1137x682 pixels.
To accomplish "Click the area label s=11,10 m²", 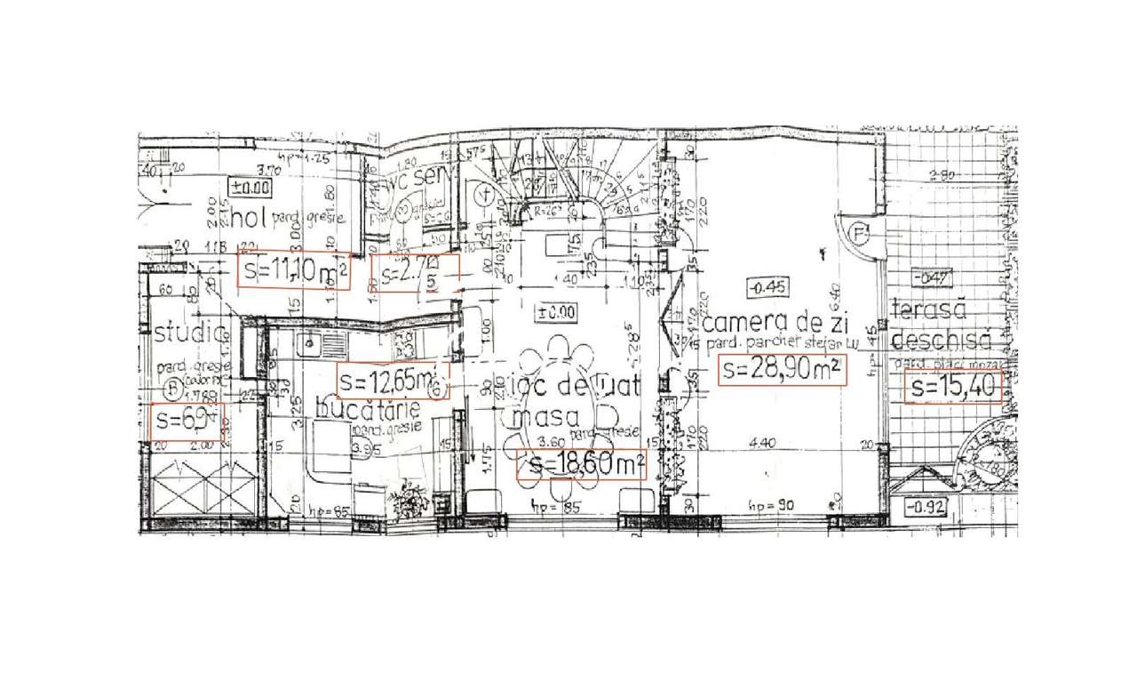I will pyautogui.click(x=294, y=271).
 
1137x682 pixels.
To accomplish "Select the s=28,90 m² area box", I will pyautogui.click(x=782, y=370).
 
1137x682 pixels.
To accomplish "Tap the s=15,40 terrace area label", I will pyautogui.click(x=953, y=388).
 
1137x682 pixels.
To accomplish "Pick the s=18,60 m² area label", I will pyautogui.click(x=581, y=464).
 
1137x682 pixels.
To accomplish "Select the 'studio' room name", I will pyautogui.click(x=189, y=333).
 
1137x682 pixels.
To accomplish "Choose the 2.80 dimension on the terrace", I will pyautogui.click(x=941, y=175).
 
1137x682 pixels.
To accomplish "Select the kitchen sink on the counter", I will pyautogui.click(x=312, y=341).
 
